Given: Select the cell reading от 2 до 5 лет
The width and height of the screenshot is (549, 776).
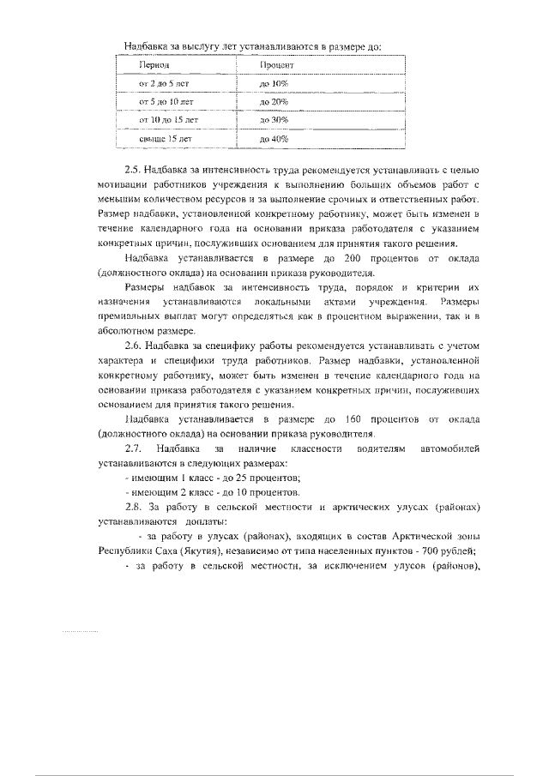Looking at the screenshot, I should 163,83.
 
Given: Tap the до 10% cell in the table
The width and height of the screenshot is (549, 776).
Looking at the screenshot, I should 274,83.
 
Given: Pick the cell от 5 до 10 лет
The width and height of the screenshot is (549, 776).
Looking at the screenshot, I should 166,101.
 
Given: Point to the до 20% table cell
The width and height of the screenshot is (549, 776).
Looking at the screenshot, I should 274,101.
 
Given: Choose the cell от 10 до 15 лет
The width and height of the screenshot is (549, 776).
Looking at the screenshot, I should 168,119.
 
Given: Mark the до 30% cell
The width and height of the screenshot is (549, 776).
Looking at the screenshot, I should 274,119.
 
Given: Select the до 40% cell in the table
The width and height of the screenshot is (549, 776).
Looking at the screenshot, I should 274,137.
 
